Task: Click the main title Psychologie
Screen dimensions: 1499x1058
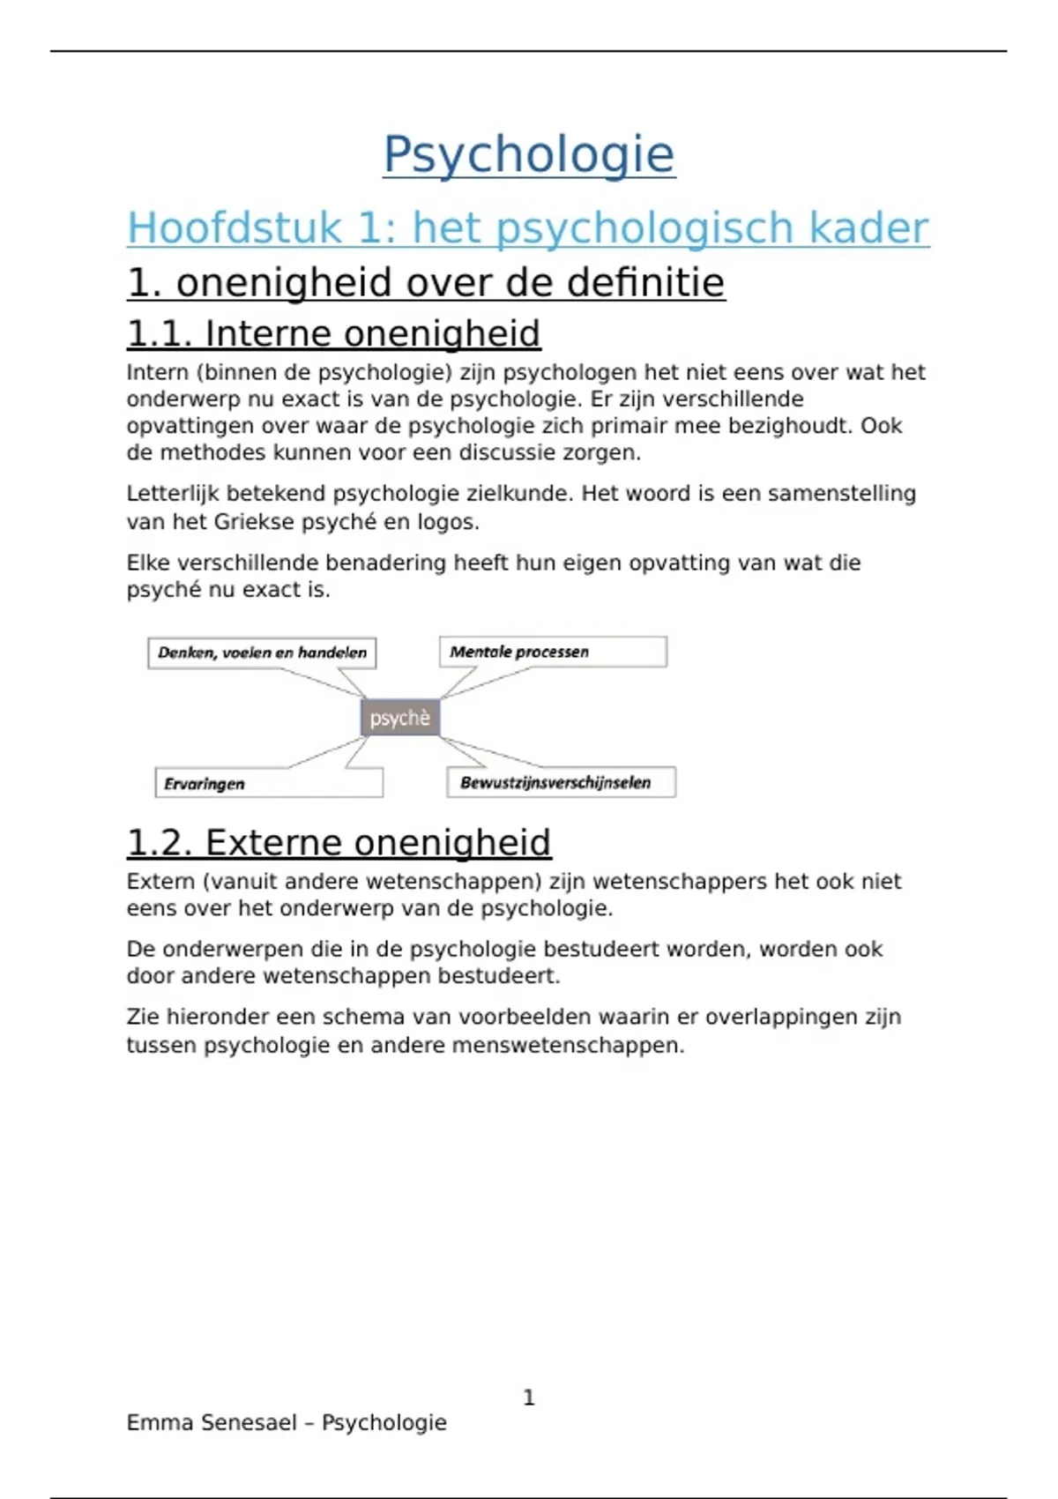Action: coord(529,155)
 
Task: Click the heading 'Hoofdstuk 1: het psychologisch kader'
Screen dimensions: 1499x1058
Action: coord(527,227)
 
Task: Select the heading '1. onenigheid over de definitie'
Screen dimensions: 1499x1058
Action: coord(426,283)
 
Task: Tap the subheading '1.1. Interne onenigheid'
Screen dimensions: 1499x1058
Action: coord(333,333)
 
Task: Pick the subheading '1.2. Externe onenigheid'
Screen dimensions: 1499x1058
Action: coord(339,842)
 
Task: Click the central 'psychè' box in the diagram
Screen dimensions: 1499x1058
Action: coord(400,718)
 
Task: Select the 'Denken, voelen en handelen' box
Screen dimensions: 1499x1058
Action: coord(262,653)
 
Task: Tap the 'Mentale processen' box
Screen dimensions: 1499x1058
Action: coord(553,652)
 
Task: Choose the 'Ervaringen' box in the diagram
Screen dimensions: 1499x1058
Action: coord(269,783)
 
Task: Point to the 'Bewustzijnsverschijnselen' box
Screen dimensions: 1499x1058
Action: coord(561,782)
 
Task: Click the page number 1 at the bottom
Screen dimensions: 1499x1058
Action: coord(529,1398)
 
